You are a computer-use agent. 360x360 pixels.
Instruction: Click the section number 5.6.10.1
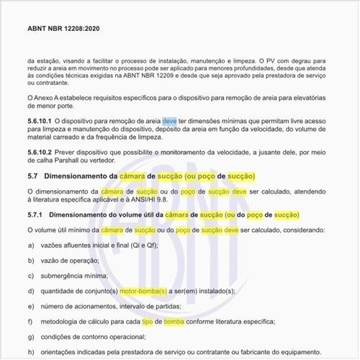[x=40, y=122]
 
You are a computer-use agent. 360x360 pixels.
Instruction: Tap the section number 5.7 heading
[x=32, y=176]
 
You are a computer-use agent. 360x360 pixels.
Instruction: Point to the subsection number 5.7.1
[x=35, y=215]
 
